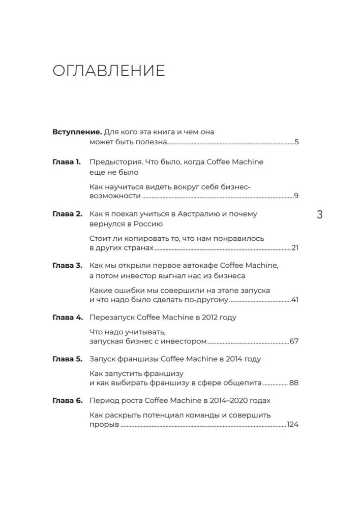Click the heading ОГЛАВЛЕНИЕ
coord(109,71)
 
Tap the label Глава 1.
coord(67,163)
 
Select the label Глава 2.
coord(67,214)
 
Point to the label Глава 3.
coord(67,266)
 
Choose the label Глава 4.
coord(67,317)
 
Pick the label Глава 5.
coord(67,359)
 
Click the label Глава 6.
coord(67,400)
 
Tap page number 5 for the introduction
coord(296,142)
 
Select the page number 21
coord(294,248)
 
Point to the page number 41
coord(294,300)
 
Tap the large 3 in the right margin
coord(319,214)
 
